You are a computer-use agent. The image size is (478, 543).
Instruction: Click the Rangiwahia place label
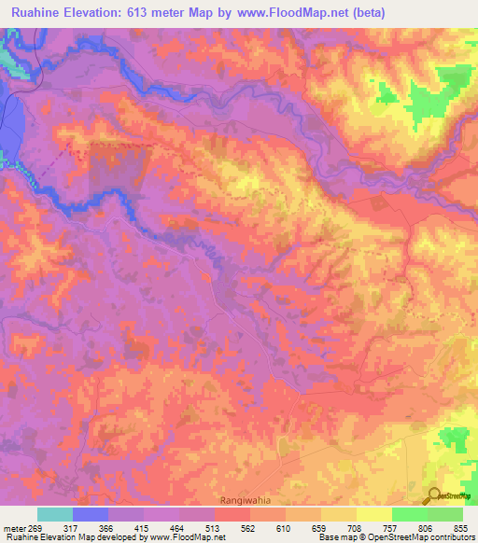pos(246,499)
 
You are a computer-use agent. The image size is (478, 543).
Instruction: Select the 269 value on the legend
pos(35,527)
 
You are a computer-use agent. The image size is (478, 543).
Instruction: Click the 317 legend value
pos(73,527)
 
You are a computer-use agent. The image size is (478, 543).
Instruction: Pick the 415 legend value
pos(145,527)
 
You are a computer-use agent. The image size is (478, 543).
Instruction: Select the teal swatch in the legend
pos(55,514)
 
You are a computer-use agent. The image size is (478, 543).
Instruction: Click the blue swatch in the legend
pos(91,514)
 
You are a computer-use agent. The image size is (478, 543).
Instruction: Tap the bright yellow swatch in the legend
pos(373,514)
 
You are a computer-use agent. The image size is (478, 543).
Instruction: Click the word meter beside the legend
pos(12,527)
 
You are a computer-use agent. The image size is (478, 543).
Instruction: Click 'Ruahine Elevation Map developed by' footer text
pos(56,537)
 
